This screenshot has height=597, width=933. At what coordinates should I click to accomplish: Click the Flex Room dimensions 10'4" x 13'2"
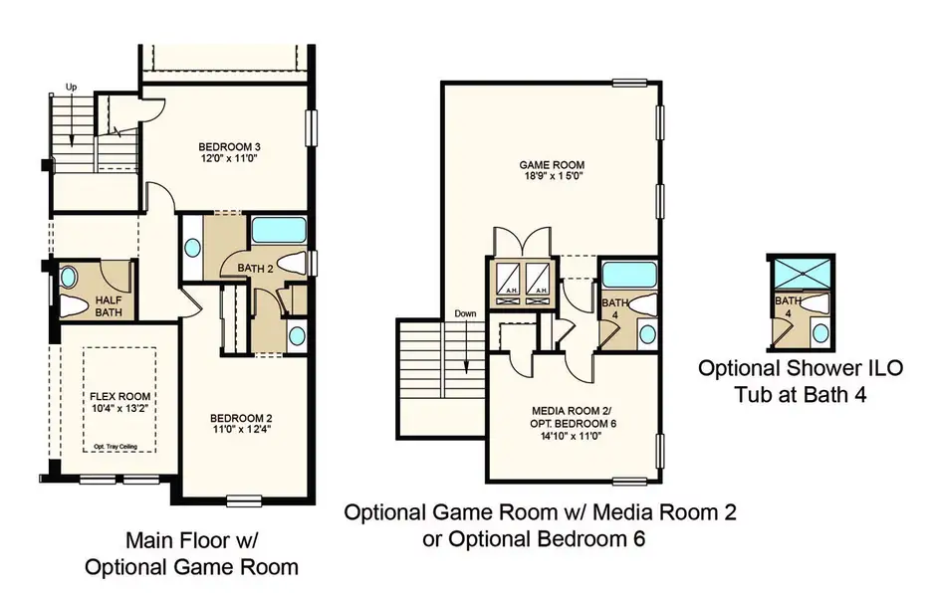[x=117, y=409]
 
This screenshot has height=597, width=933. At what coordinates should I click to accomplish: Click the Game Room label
[x=552, y=166]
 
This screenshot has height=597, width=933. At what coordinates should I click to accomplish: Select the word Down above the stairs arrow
[x=466, y=313]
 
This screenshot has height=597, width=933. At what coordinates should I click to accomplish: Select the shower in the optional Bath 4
[x=800, y=276]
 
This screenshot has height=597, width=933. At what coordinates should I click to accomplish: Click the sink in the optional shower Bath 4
[x=817, y=330]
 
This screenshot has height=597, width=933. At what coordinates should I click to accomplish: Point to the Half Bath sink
[x=71, y=277]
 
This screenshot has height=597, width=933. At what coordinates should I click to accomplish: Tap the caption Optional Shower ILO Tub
[x=800, y=380]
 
